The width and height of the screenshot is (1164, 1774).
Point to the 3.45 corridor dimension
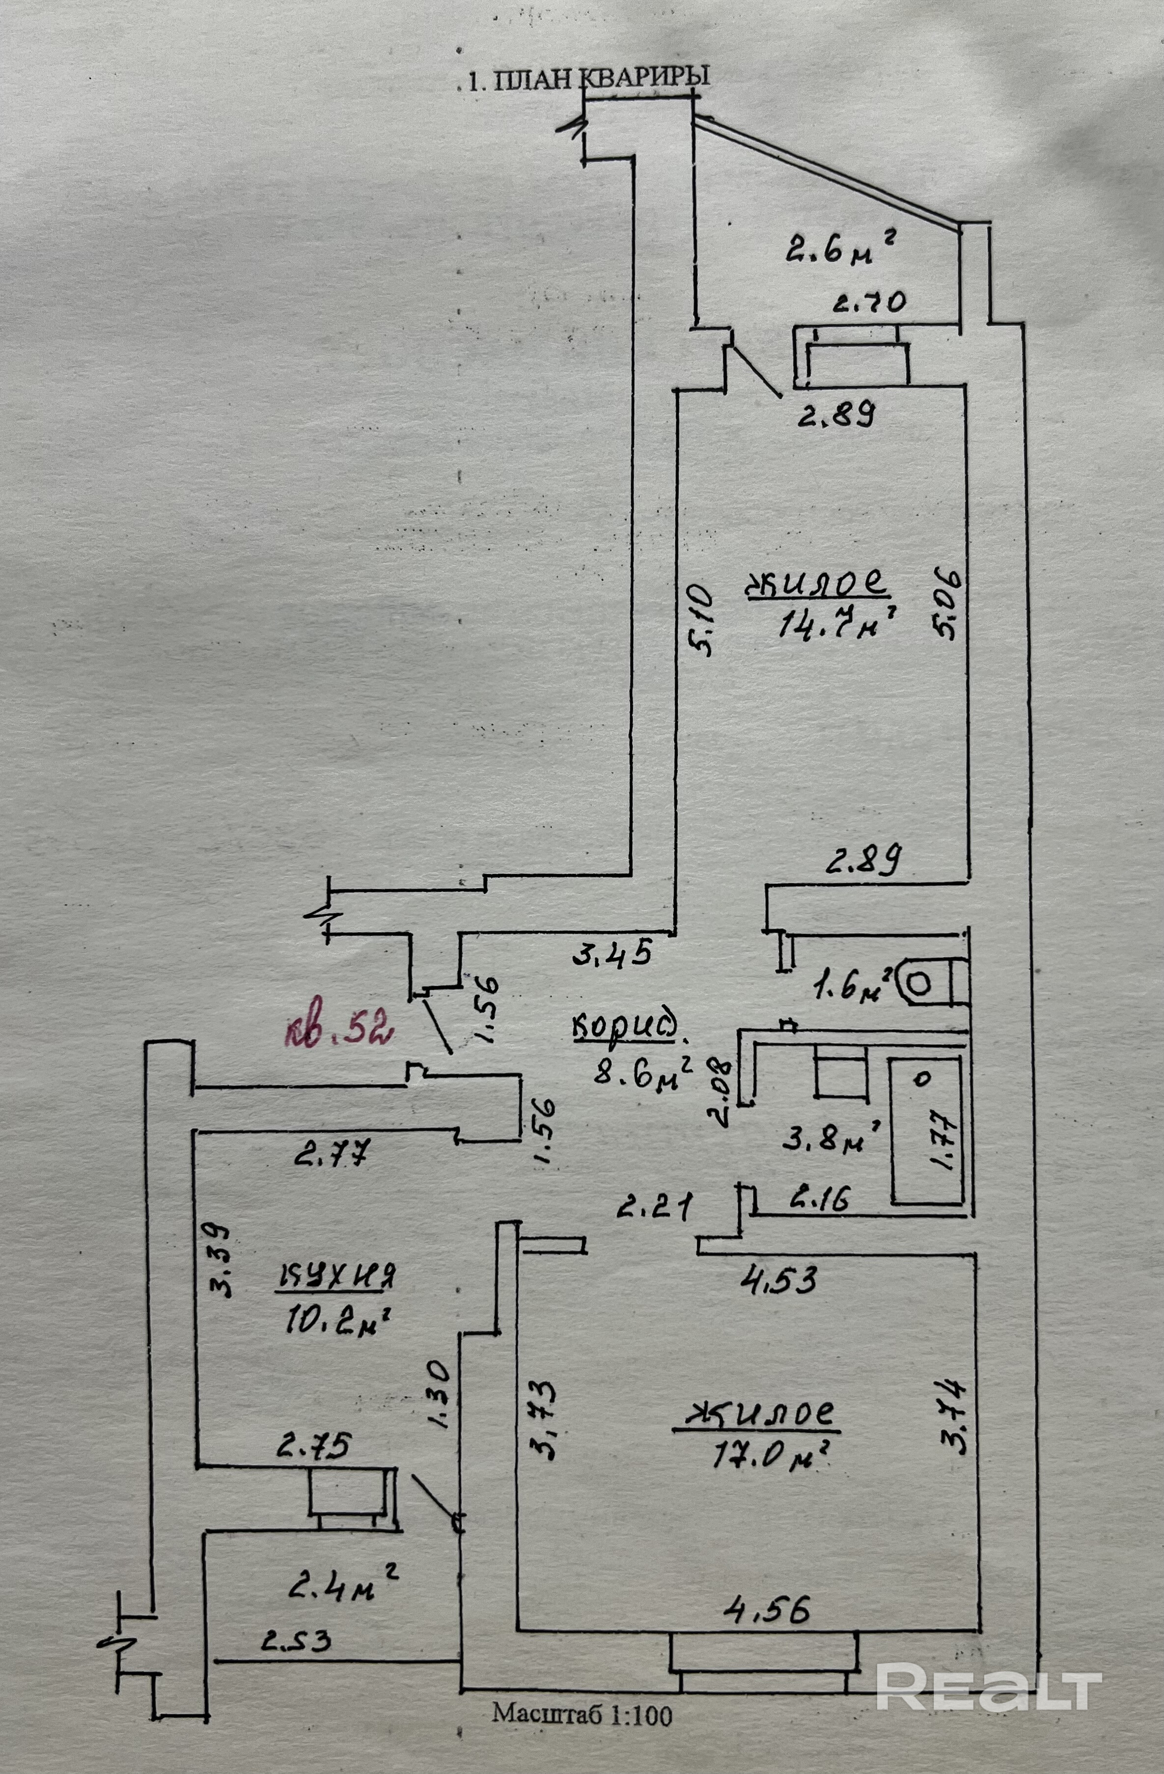[x=612, y=953]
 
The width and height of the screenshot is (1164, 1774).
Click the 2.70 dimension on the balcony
[x=869, y=303]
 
